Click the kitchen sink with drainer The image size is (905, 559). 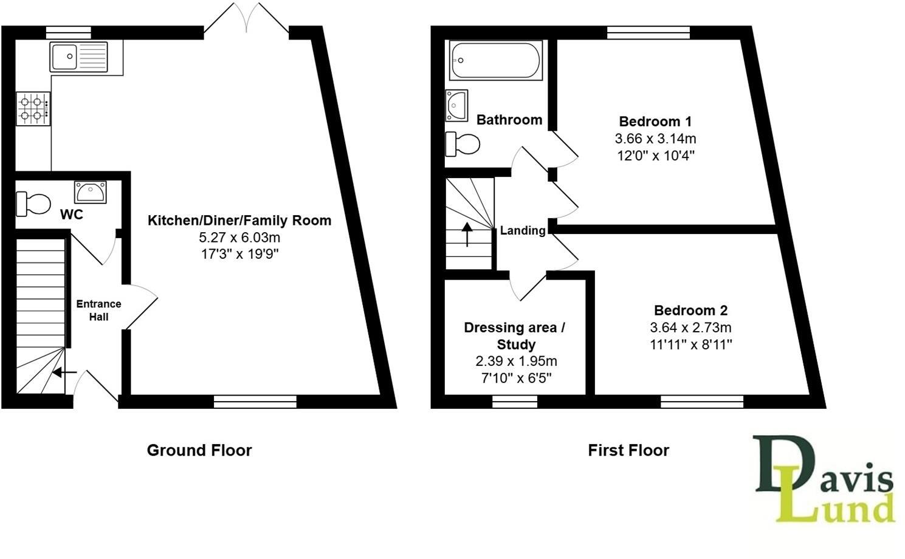pos(79,57)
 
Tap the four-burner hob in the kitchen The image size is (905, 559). pos(33,109)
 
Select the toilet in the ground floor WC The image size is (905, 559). pos(33,204)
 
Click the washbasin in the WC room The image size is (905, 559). pos(91,192)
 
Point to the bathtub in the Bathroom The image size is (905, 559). pos(495,60)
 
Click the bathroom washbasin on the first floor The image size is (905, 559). pos(456,105)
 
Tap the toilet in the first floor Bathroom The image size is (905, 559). pos(463,144)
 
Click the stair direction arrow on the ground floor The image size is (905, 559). pos(64,372)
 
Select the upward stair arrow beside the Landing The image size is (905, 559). pos(467,234)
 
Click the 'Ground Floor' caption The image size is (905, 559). pos(199,450)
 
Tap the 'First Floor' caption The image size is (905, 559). pos(628,450)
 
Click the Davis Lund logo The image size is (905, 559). pos(824,479)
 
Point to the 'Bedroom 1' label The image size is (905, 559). pos(655,121)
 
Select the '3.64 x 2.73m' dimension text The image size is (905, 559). pos(690,327)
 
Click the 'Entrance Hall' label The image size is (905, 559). pos(98,310)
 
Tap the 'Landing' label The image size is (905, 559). pos(523,230)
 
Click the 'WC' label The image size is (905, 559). pos(72,214)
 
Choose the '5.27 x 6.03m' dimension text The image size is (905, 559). pos(239,238)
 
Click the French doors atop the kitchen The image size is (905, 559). pos(246,18)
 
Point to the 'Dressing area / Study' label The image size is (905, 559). pos(514,335)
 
